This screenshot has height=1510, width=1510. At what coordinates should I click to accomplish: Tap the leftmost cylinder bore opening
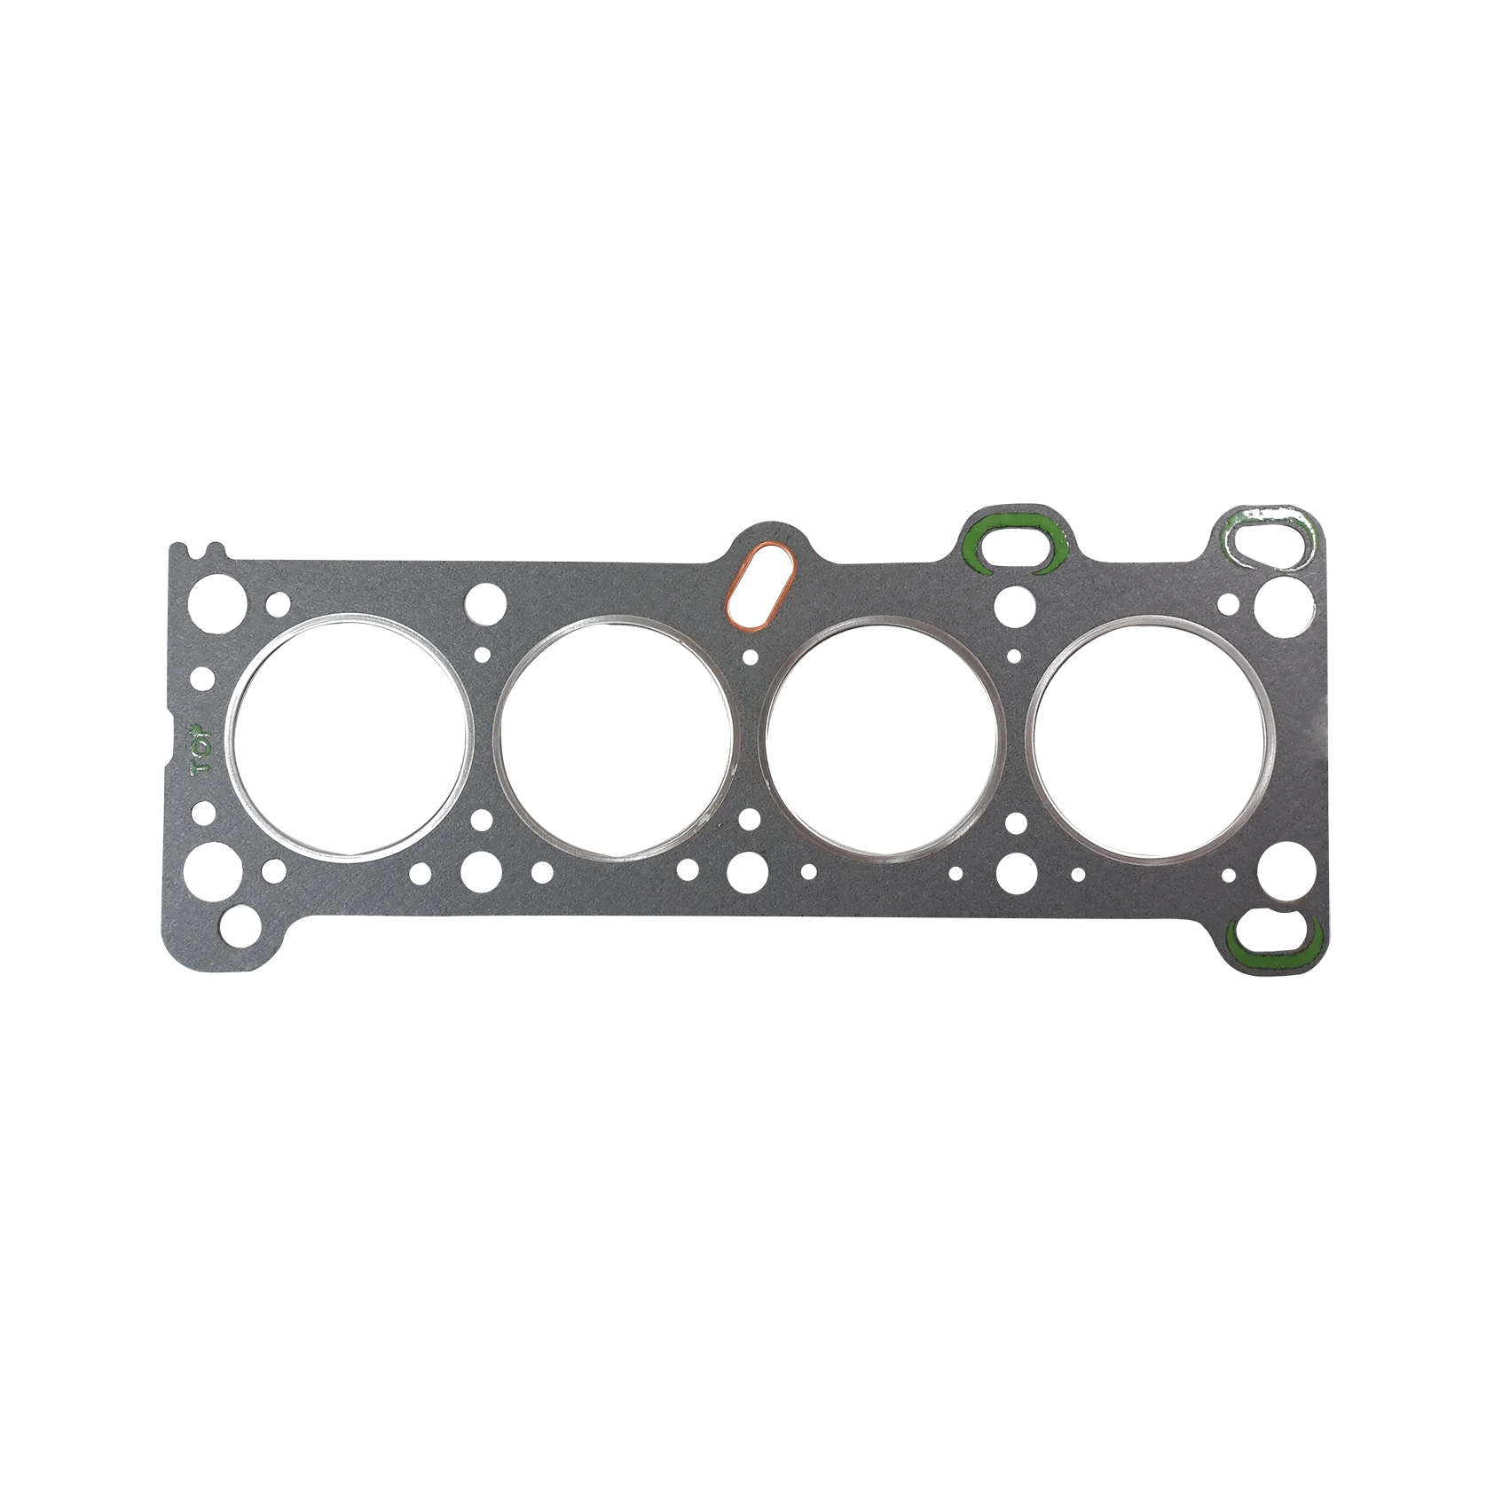click(350, 735)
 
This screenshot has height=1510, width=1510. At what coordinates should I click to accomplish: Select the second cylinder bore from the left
click(617, 737)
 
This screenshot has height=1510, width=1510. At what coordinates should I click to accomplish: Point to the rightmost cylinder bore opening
click(1150, 739)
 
